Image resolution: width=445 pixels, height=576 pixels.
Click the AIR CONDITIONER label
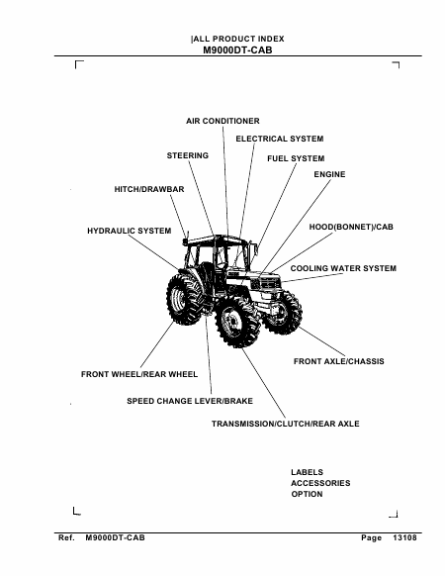(222, 121)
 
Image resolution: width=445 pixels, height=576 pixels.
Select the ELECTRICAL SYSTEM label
(280, 139)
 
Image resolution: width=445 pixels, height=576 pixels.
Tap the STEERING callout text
(188, 155)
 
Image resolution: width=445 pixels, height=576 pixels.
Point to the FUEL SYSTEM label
(296, 158)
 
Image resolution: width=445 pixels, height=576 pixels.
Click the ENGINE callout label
(329, 174)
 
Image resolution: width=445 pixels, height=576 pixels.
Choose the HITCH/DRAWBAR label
(149, 189)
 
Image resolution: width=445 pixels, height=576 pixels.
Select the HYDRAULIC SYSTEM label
(130, 231)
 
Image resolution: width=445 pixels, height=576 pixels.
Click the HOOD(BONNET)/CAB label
(351, 227)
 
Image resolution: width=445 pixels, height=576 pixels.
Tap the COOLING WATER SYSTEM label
(343, 268)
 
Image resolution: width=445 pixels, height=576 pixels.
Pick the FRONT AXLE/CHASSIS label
(339, 361)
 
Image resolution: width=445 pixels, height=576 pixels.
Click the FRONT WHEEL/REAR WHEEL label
(139, 374)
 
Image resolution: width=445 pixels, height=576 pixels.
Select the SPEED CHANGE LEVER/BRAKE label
(190, 401)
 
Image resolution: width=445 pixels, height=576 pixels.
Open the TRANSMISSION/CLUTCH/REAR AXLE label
(285, 424)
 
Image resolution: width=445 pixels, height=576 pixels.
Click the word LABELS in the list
(307, 472)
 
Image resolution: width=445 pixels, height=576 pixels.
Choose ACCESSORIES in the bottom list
(320, 483)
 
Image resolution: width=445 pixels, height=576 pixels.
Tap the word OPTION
(307, 495)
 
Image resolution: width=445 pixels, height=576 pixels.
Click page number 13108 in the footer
(404, 538)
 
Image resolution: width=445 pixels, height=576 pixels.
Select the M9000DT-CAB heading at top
(237, 49)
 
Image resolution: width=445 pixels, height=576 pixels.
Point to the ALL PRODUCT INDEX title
(238, 39)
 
